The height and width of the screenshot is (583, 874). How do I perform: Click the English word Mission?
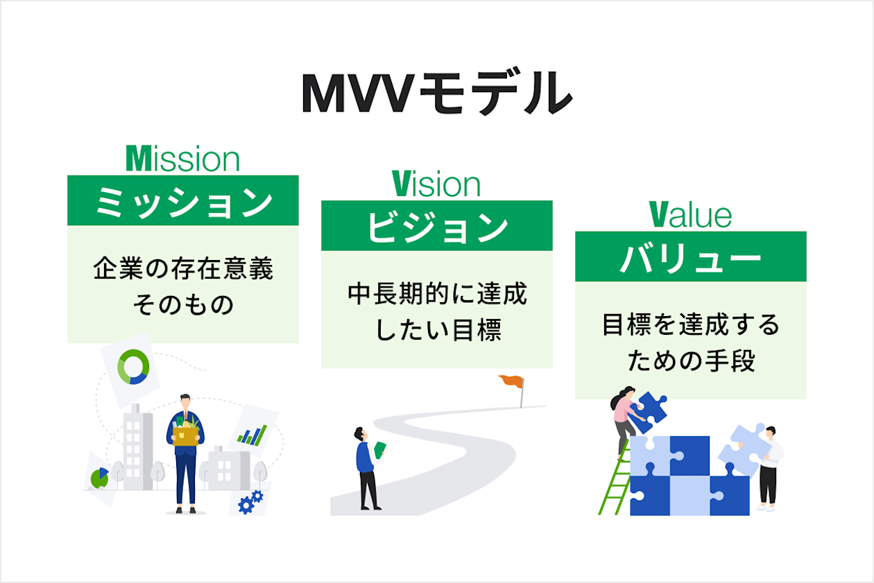click(183, 159)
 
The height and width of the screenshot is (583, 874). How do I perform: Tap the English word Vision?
click(436, 184)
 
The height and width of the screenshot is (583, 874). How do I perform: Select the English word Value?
click(690, 215)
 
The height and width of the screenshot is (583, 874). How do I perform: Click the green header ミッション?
click(183, 201)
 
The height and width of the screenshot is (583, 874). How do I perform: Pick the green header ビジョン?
click(436, 226)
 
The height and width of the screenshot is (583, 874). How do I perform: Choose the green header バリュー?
click(690, 257)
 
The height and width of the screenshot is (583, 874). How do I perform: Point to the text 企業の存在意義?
click(183, 269)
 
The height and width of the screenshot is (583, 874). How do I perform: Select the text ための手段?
click(690, 360)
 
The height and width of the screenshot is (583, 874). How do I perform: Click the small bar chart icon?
click(252, 435)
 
